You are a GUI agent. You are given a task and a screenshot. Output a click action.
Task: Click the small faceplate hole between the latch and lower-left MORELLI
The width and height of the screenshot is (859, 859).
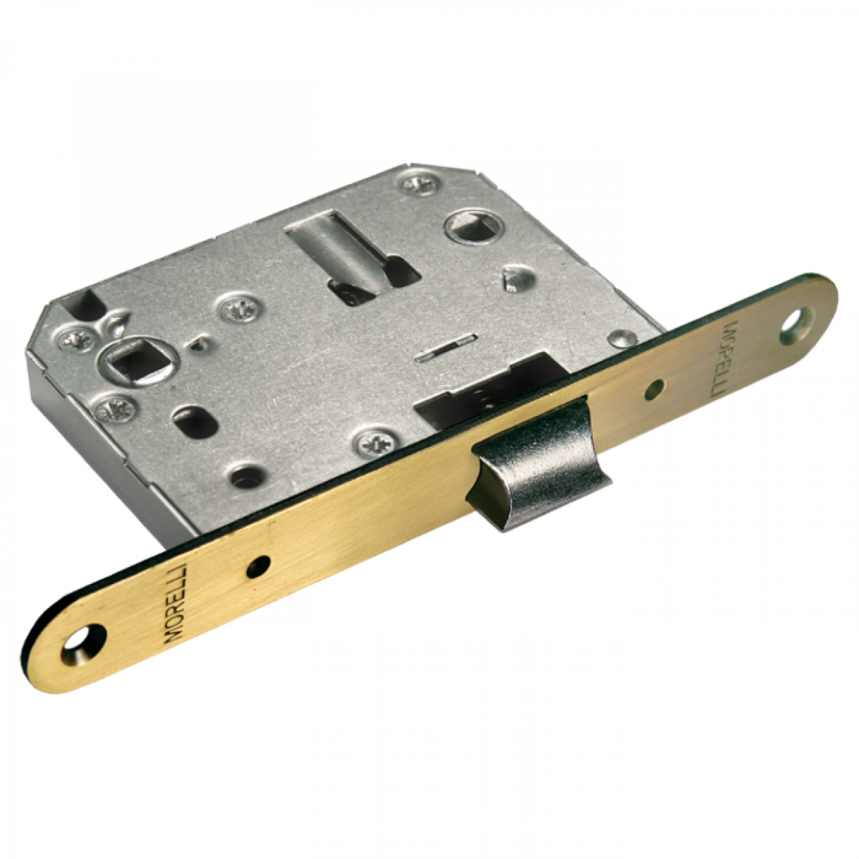point(258,566)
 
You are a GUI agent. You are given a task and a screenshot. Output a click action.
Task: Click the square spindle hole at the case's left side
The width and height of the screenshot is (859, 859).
point(138,364)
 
